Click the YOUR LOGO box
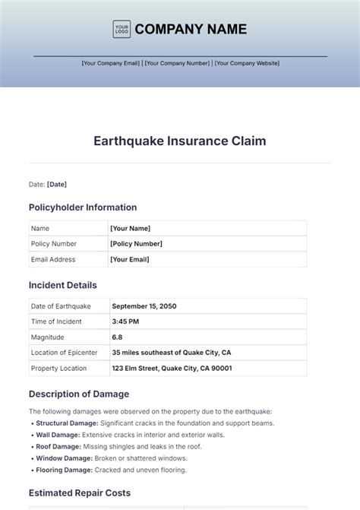(122, 30)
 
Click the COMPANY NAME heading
(191, 30)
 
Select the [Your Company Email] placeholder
(111, 63)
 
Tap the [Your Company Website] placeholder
(247, 63)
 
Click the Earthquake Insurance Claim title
(180, 141)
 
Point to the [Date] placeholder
(58, 184)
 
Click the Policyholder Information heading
(83, 207)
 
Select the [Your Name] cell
(130, 228)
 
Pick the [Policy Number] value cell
(136, 244)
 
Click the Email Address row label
(53, 259)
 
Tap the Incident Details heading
(63, 286)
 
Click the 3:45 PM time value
(125, 322)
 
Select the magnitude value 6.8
(118, 337)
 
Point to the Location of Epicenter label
(65, 353)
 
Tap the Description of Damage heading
(79, 394)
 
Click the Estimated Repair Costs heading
(80, 493)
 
